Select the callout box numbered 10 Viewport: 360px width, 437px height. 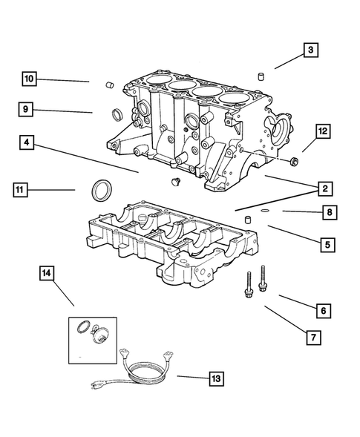(29, 78)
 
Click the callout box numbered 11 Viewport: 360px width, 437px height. (22, 191)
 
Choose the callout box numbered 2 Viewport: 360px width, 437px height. (325, 188)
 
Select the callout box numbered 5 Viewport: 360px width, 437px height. (327, 243)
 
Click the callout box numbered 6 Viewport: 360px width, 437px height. (322, 310)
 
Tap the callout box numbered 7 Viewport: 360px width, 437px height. (314, 338)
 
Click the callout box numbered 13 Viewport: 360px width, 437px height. (215, 379)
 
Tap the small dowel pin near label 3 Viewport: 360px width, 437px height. (261, 76)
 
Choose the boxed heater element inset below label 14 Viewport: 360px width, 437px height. (92, 338)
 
